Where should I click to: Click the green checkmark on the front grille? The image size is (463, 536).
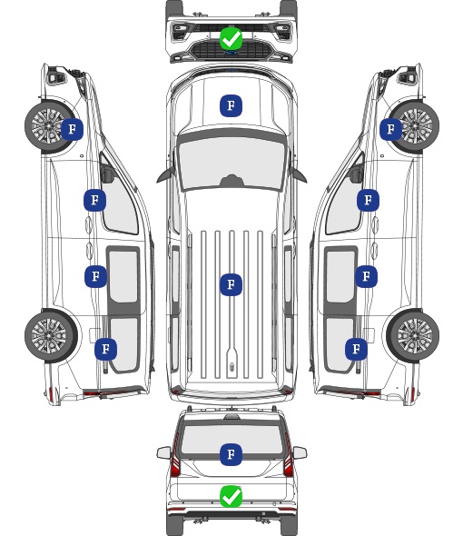[x=231, y=39]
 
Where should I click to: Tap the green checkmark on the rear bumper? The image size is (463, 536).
[x=231, y=496]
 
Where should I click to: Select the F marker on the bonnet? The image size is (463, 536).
[x=231, y=105]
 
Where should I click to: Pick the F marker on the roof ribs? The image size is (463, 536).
[x=231, y=284]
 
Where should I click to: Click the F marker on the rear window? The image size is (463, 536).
[x=231, y=454]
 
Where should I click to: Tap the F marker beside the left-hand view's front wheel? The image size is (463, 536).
[x=72, y=129]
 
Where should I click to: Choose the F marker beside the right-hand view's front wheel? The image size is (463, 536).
[x=391, y=129]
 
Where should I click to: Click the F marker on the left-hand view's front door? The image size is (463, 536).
[x=95, y=200]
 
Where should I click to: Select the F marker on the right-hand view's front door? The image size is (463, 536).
[x=368, y=200]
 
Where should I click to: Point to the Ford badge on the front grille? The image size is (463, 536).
[x=231, y=53]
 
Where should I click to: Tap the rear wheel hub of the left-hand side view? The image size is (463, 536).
[x=49, y=336]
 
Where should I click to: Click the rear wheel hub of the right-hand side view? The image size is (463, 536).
[x=415, y=336]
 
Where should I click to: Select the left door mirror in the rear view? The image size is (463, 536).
[x=163, y=452]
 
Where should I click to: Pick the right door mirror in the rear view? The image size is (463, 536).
[x=300, y=452]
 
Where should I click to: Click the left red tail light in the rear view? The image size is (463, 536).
[x=175, y=456]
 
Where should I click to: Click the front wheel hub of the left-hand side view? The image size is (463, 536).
[x=48, y=125]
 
